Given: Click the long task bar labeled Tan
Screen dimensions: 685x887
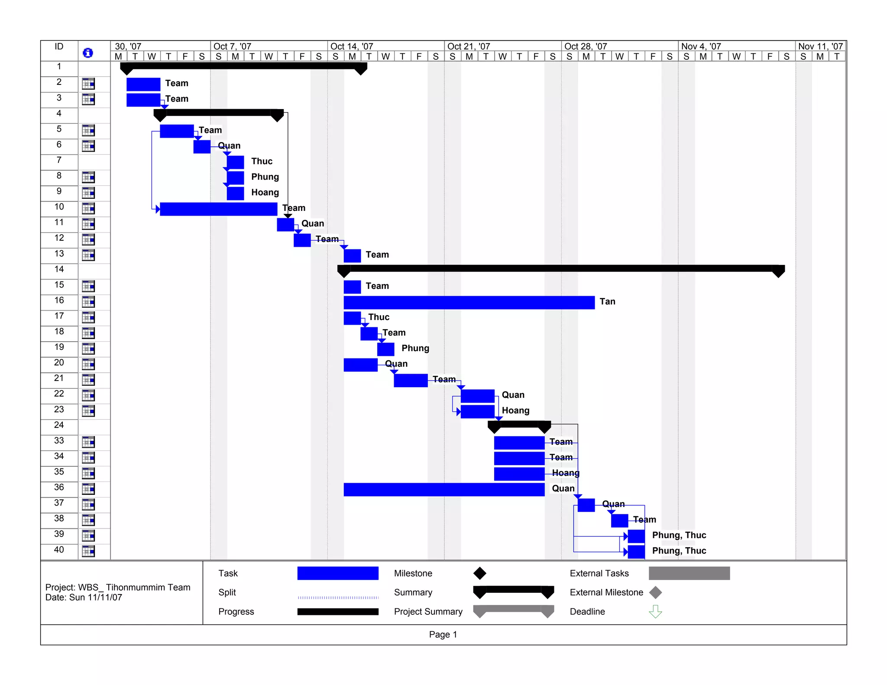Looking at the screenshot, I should pyautogui.click(x=469, y=302).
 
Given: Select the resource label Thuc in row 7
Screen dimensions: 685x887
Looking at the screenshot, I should pyautogui.click(x=262, y=161).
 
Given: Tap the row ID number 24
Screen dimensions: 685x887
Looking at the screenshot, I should pyautogui.click(x=59, y=425).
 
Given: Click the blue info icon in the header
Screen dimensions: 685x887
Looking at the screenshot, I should pyautogui.click(x=87, y=53).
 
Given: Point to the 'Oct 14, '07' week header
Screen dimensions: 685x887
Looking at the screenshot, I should pyautogui.click(x=351, y=46).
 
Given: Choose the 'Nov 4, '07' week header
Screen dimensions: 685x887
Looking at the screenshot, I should pyautogui.click(x=701, y=46).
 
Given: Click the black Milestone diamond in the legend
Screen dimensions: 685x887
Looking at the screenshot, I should pyautogui.click(x=479, y=573).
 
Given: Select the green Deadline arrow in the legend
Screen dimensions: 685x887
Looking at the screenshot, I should pyautogui.click(x=655, y=611).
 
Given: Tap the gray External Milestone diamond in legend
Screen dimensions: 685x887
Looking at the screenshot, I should pyautogui.click(x=655, y=592).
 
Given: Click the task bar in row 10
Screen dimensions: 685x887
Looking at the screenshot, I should pyautogui.click(x=218, y=209).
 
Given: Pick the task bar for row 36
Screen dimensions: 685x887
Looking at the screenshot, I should pyautogui.click(x=443, y=489).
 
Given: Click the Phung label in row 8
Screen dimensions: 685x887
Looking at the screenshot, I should pyautogui.click(x=265, y=177).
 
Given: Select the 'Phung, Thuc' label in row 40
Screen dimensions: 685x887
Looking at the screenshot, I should pyautogui.click(x=679, y=551).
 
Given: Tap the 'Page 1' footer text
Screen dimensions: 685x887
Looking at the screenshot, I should pyautogui.click(x=443, y=634).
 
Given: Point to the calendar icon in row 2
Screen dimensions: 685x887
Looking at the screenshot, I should pyautogui.click(x=88, y=84).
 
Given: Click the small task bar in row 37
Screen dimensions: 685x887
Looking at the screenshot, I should pyautogui.click(x=586, y=505).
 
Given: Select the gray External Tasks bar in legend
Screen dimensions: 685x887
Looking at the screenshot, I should pyautogui.click(x=689, y=573).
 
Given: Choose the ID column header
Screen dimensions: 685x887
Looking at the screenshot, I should pyautogui.click(x=59, y=47).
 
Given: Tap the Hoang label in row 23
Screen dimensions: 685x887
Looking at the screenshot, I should pyautogui.click(x=515, y=410).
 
